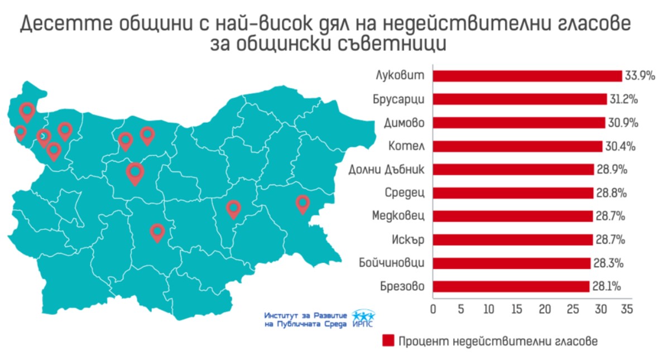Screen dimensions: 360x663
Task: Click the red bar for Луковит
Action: click(527, 76)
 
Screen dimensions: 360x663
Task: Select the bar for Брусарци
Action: click(520, 99)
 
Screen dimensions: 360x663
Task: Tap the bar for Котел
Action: click(517, 146)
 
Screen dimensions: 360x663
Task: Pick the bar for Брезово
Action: click(511, 286)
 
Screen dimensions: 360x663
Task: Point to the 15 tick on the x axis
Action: click(517, 309)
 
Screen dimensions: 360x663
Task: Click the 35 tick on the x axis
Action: click(627, 309)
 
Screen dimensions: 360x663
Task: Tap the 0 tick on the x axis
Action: click(434, 309)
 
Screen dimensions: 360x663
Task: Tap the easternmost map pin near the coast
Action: click(302, 204)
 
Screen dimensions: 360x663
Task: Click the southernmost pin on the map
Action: click(157, 232)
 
